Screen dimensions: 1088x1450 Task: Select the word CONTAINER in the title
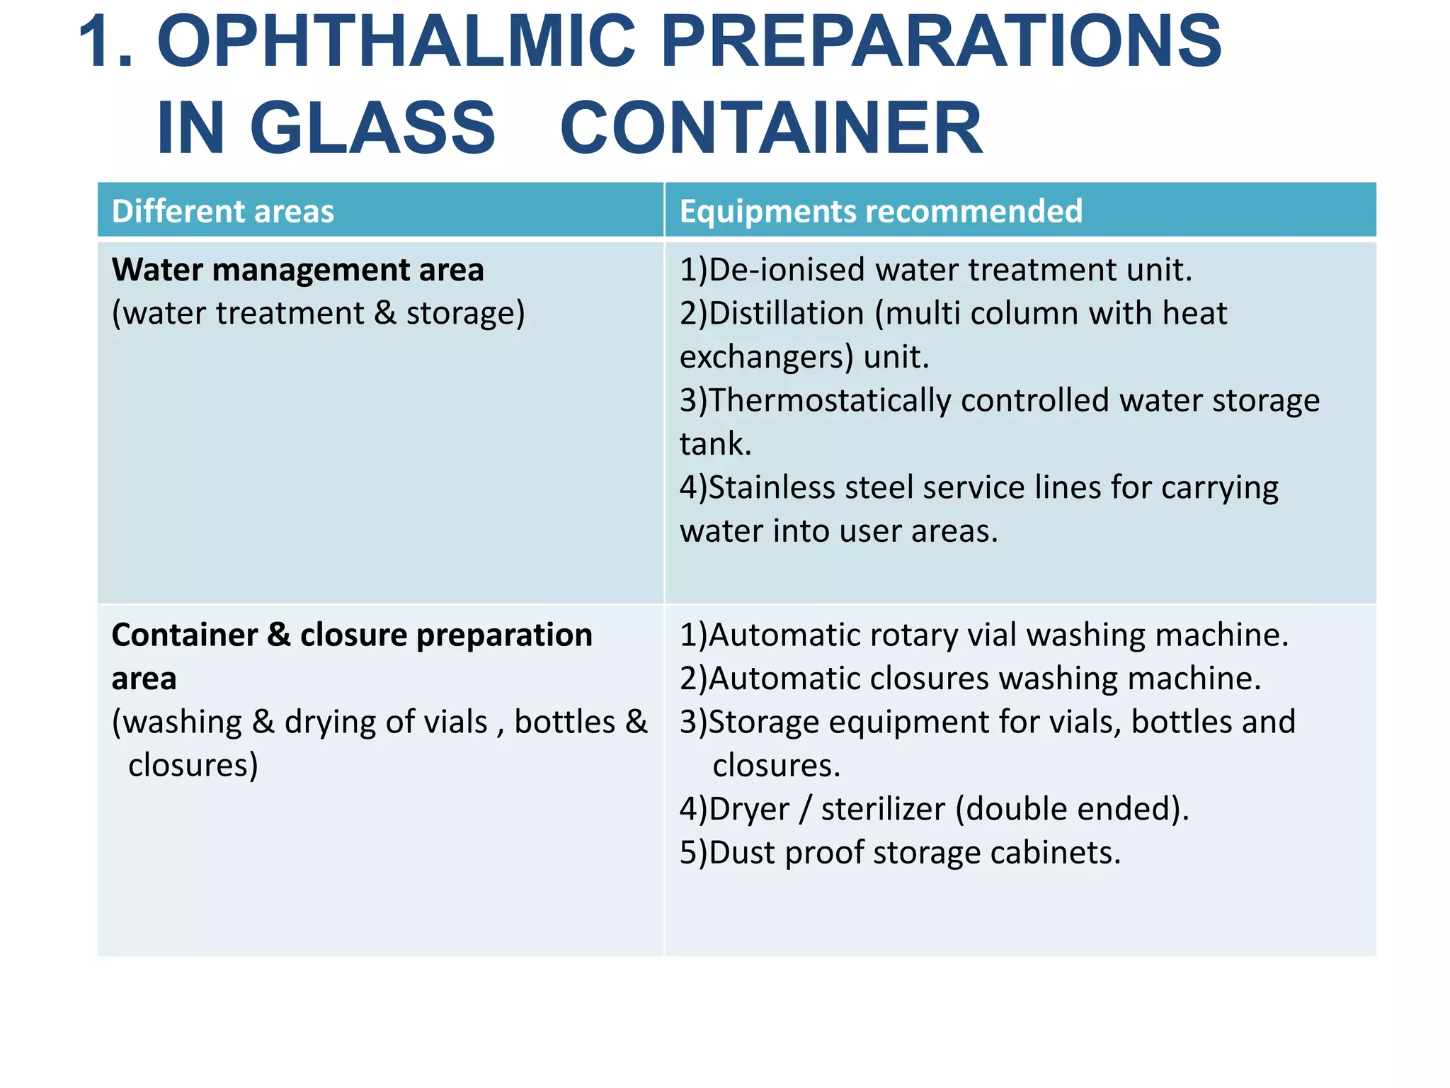[771, 128]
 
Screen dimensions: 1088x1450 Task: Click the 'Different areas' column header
[222, 211]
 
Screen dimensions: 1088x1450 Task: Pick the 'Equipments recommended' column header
[881, 211]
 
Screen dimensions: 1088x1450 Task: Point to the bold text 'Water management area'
[297, 270]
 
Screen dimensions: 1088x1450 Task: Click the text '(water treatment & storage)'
[319, 313]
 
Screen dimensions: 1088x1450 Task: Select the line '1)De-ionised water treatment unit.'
[936, 270]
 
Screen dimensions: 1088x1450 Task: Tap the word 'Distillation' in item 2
[786, 313]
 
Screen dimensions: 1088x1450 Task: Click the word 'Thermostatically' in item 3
[829, 401]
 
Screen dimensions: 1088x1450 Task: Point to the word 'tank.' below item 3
[715, 444]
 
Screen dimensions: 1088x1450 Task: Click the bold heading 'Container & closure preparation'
[352, 635]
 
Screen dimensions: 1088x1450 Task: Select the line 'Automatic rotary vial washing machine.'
[998, 635]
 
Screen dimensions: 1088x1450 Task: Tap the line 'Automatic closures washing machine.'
[984, 679]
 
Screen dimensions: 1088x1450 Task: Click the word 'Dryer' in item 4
[748, 809]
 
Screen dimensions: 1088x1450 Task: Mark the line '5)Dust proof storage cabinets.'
[900, 853]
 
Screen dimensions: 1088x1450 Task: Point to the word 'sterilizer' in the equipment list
[882, 809]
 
